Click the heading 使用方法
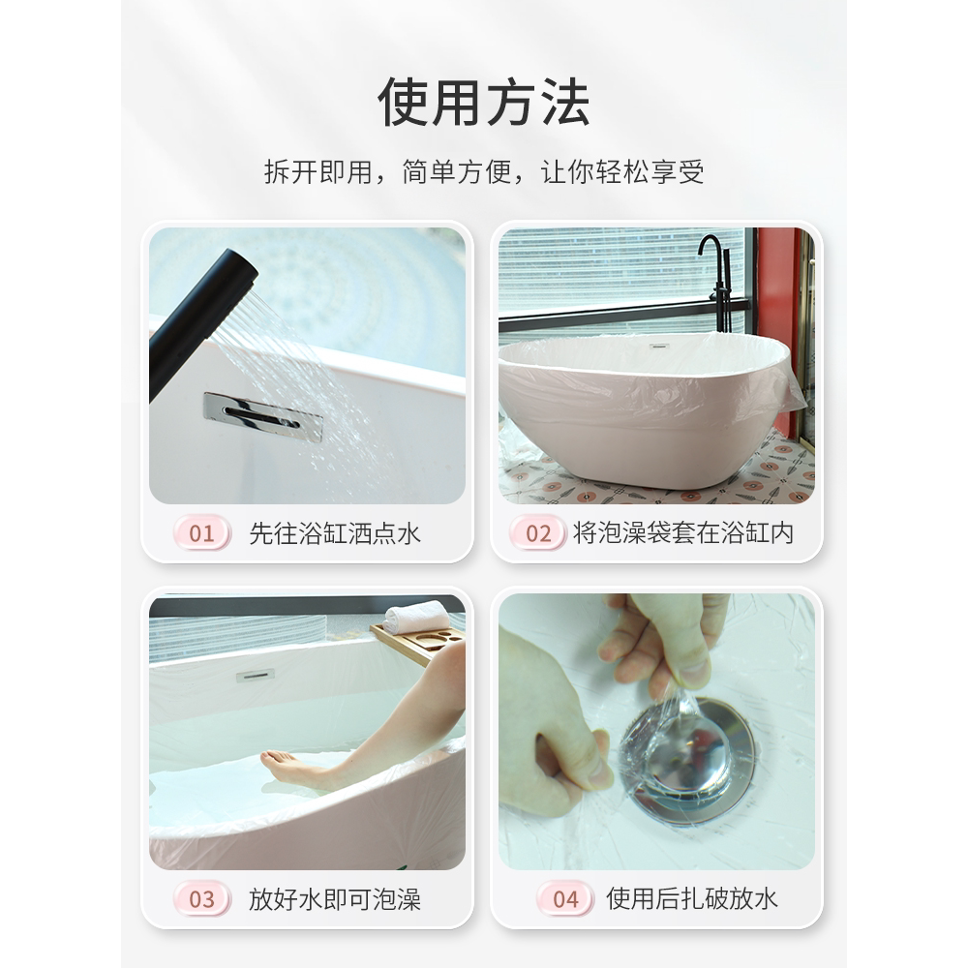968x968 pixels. click(484, 104)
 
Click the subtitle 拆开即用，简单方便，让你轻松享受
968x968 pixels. click(484, 173)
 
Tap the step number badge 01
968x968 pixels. click(201, 533)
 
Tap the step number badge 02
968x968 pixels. click(538, 533)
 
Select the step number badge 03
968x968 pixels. click(201, 899)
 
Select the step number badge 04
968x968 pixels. click(565, 899)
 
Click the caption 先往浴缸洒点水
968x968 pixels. click(335, 533)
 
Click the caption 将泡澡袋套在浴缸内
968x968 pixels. click(683, 533)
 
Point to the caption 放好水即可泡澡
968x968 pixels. click(335, 899)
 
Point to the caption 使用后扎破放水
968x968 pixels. click(691, 899)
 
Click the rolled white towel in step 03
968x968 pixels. click(416, 617)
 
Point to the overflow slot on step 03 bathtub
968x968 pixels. click(255, 675)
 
